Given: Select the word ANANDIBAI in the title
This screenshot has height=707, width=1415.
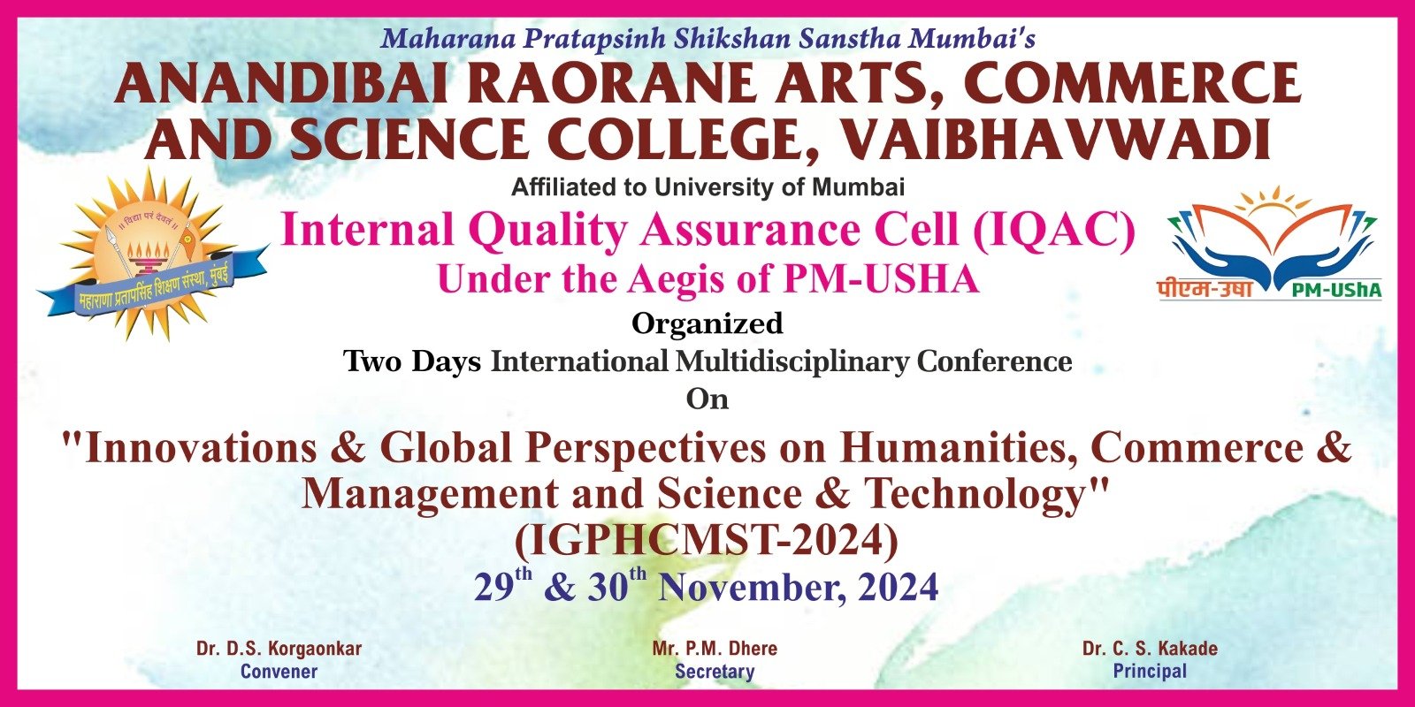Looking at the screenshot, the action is tap(280, 84).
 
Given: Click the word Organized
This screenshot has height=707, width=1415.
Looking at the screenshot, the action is tap(707, 323).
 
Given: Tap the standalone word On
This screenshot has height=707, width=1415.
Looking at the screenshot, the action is tap(707, 399).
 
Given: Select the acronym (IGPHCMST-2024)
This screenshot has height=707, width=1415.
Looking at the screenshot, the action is tap(707, 540).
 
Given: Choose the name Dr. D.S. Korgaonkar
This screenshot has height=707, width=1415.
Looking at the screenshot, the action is tap(279, 649).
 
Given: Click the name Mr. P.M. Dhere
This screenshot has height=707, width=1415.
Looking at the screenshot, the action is tap(715, 649).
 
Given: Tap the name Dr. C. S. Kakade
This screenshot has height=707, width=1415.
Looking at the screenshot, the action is tap(1150, 649).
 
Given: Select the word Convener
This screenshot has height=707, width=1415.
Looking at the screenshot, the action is tap(279, 671).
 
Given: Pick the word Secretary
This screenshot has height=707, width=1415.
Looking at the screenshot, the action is tap(715, 671).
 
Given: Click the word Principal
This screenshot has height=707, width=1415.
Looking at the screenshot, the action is tap(1150, 671).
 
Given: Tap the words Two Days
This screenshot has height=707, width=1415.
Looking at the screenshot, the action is tap(412, 361).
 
